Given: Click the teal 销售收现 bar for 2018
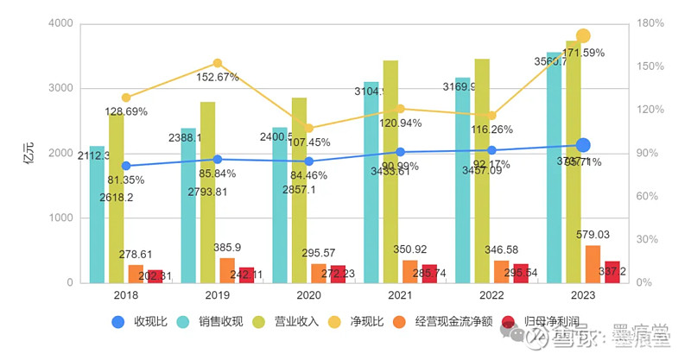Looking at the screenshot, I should pos(97,216).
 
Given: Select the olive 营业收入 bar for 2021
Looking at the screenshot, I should pos(390,173).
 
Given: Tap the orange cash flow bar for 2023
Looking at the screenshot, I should pos(593,264).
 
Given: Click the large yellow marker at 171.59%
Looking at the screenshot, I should pos(583,36).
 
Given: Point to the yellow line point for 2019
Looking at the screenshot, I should pos(218,63).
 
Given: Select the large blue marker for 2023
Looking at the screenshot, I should pos(583,145).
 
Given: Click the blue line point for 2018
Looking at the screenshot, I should pos(126,166).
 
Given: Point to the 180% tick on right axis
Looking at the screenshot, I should pos(650,23).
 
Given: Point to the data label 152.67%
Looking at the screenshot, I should pos(218,78).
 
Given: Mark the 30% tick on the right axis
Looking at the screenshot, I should pos(650,240).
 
